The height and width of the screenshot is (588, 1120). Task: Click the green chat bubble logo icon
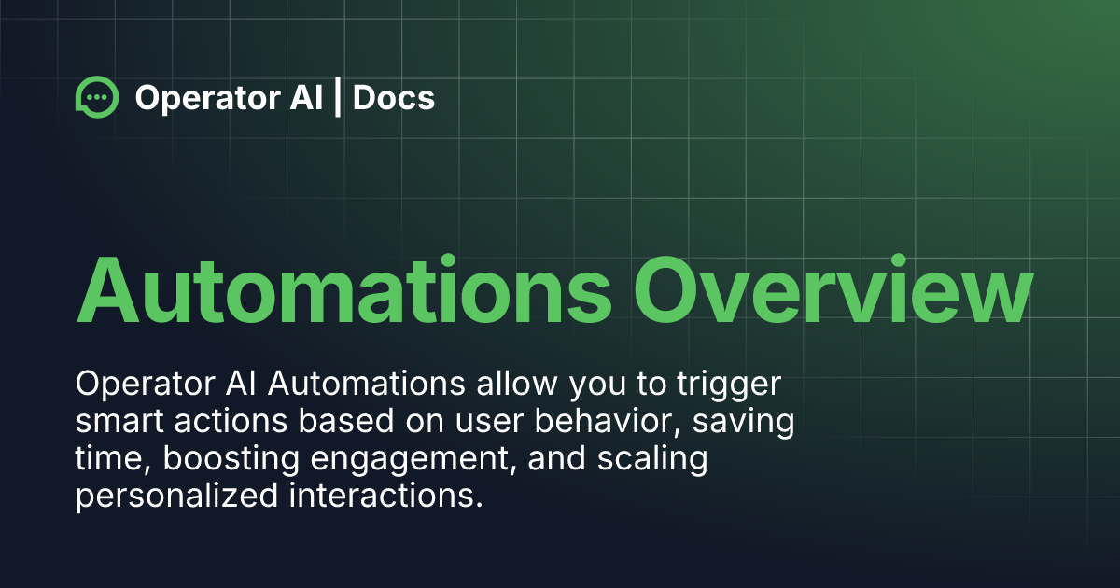[x=97, y=97]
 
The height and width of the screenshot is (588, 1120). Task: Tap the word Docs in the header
[x=395, y=97]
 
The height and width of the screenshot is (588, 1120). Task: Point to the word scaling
[x=657, y=459]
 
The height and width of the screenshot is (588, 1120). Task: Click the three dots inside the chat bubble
[x=96, y=95]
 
